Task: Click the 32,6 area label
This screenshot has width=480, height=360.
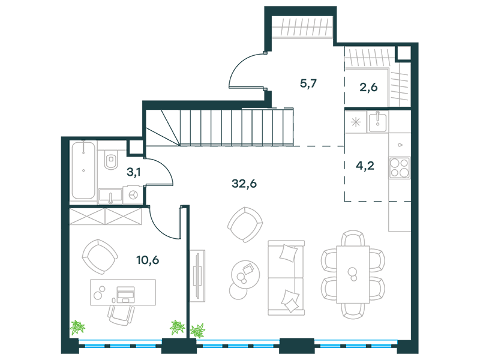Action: pos(244,184)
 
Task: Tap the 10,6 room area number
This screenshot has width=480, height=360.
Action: pos(148,260)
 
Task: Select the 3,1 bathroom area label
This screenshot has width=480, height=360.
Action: pos(133,173)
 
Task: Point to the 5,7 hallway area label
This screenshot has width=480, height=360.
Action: pos(308,83)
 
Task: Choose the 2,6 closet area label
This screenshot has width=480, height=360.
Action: pos(368,88)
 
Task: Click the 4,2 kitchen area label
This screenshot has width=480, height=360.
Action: pos(365,166)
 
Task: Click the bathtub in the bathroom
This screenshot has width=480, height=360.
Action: pos(83,170)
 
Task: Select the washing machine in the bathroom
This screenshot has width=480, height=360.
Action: pos(133,194)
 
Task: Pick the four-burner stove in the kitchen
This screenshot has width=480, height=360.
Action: pos(399,167)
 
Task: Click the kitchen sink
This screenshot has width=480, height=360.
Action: pos(378,122)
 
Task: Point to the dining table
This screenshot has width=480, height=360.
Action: pos(353,274)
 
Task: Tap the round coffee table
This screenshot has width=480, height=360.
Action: pos(245,274)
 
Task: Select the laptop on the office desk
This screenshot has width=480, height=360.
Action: pos(125,295)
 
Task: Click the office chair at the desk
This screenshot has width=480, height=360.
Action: pos(121,314)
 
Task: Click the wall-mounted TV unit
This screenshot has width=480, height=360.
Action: pos(197,276)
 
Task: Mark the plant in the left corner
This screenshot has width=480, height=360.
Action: pos(77,328)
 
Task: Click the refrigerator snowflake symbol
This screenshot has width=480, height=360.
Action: pos(355,122)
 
